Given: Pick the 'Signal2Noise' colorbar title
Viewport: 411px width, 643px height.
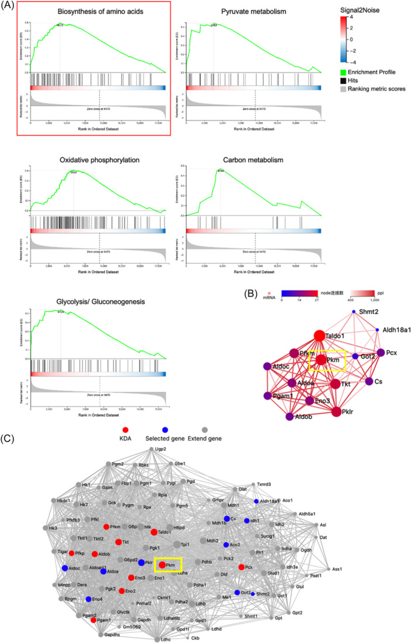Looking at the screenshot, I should (361, 11).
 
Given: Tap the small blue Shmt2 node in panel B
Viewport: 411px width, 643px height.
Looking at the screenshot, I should (354, 312).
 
